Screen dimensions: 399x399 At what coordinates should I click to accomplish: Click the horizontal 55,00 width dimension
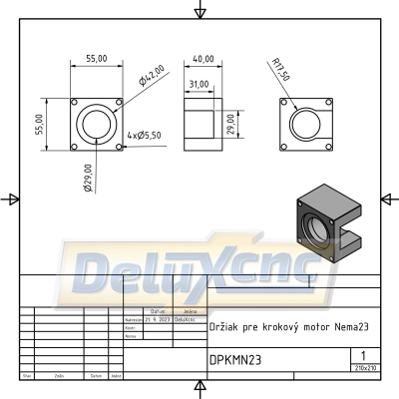tap(96, 59)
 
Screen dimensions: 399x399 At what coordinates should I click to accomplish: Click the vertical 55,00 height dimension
tap(41, 124)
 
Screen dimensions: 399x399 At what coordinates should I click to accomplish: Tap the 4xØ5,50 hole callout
tap(144, 134)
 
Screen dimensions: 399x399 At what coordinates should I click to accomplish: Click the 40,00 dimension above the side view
tap(203, 59)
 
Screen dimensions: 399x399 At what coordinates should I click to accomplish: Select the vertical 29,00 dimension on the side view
tap(231, 124)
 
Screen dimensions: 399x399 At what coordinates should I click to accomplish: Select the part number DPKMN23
tap(235, 360)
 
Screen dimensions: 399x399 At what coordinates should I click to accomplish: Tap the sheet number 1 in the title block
tap(365, 355)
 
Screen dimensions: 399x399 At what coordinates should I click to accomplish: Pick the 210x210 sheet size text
tap(365, 368)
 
